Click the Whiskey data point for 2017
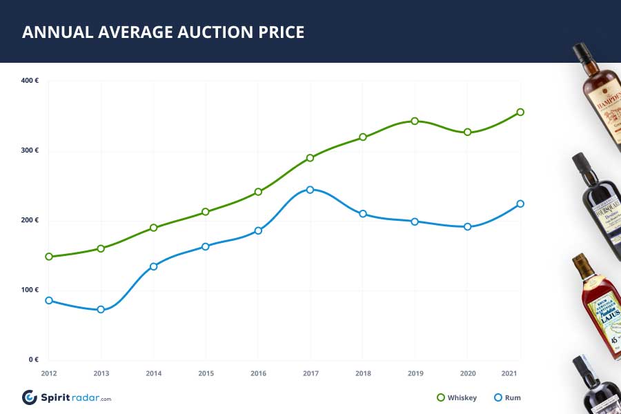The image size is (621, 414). coord(310,158)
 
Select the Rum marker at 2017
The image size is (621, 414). coord(310,190)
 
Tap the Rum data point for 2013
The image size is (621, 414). coord(101,310)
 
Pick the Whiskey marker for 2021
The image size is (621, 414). coord(520,112)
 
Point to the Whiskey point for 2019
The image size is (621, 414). coord(415,121)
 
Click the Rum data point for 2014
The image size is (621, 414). coord(153,266)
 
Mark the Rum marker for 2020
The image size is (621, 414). coord(467,226)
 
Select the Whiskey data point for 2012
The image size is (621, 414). coord(49,257)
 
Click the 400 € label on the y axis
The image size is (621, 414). coord(30,81)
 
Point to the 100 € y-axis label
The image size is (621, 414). coord(30,290)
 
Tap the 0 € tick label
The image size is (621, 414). coord(33,359)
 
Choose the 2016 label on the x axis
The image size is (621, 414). coord(258,373)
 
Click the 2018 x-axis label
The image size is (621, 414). coord(362,373)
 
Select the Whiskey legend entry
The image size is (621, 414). coord(455,397)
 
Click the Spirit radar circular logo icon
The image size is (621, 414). coord(30,397)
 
